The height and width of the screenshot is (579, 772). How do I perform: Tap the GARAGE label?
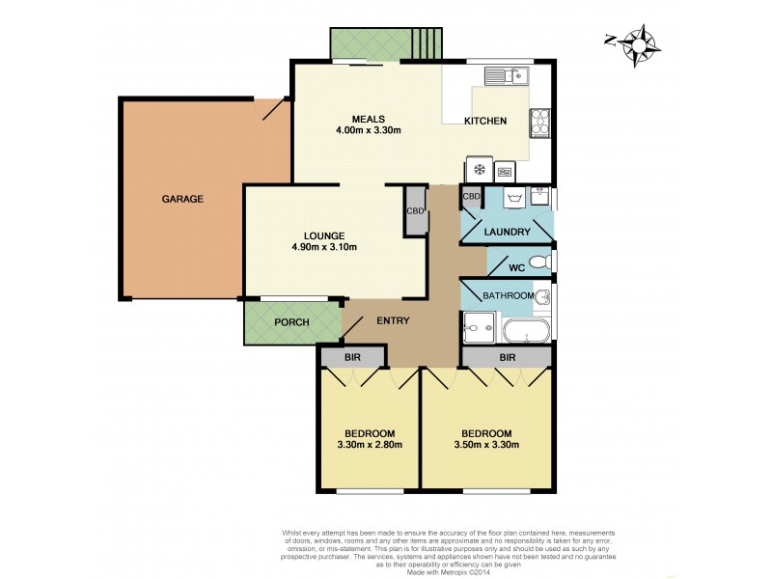(x=181, y=200)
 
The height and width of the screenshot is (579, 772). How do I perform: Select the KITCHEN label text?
(x=485, y=121)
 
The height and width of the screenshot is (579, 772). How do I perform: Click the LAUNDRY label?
(x=508, y=233)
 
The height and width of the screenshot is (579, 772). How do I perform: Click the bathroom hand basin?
(x=543, y=296)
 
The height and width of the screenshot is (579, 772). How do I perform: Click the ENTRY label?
(x=394, y=321)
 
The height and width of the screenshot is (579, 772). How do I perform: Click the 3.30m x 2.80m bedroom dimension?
(x=369, y=445)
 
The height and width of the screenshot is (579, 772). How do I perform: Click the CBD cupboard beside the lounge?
(x=416, y=210)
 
